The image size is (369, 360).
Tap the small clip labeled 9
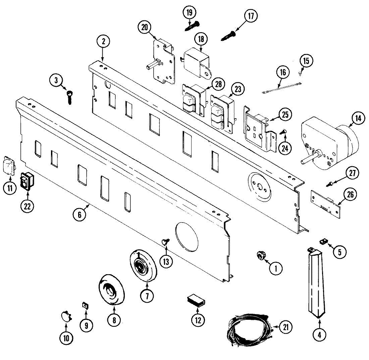coord(85,305)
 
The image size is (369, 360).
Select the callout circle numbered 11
coord(10,188)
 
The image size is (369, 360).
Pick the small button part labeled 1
coord(259,256)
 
